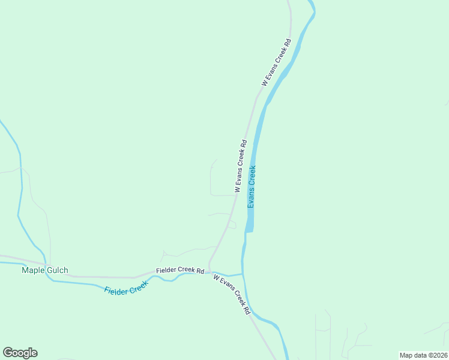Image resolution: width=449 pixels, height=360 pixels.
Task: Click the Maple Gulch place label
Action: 45,270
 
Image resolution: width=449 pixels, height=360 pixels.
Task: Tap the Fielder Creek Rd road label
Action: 180,271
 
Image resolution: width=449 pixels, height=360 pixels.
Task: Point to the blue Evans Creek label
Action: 252,187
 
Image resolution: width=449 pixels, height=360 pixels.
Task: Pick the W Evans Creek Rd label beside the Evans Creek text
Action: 241,166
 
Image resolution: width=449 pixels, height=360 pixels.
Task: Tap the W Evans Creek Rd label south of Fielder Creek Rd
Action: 232,294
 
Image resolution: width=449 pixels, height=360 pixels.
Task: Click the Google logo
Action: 20,353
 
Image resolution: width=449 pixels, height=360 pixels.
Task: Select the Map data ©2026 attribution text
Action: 423,355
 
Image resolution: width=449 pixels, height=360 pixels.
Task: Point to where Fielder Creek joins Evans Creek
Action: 243,274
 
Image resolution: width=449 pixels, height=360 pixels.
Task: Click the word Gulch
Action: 58,270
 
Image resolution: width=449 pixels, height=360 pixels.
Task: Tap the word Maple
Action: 34,270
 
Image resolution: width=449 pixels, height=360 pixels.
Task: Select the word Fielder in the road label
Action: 166,271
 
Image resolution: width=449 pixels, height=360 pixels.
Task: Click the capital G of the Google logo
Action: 8,353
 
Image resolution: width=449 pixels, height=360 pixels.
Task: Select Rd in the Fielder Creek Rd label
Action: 200,271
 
